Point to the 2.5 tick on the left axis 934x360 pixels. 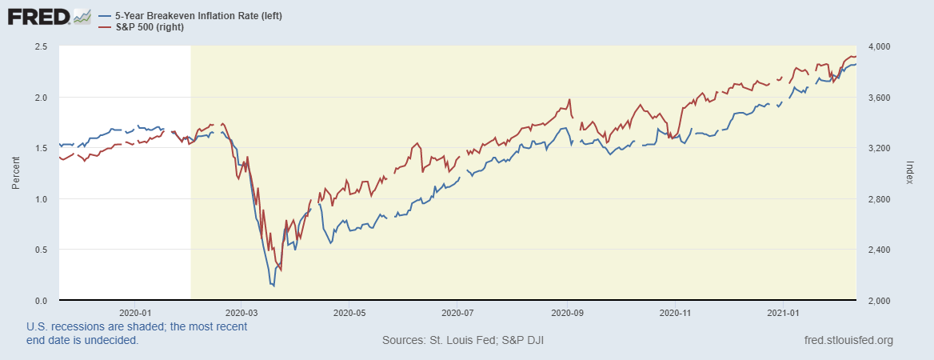(42, 46)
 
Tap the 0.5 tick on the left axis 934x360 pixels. (42, 250)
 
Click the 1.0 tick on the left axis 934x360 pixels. (42, 199)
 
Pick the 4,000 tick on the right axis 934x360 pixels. (876, 46)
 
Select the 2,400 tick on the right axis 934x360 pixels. (876, 250)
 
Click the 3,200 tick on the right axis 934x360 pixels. (876, 148)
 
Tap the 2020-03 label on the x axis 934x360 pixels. (241, 312)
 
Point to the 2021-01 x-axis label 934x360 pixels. (784, 312)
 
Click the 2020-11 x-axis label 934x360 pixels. (677, 312)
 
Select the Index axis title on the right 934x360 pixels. (910, 173)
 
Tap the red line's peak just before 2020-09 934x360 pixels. (569, 100)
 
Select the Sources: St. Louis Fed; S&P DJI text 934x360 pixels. (464, 341)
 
